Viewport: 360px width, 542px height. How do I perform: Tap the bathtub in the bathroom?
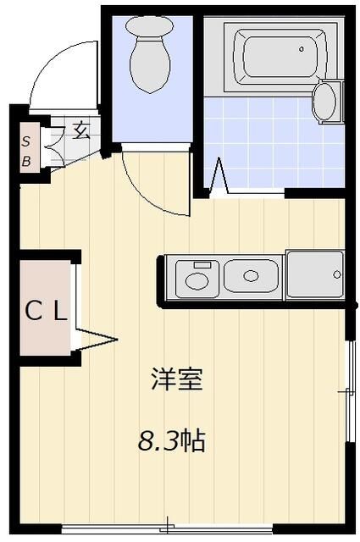pyautogui.click(x=279, y=55)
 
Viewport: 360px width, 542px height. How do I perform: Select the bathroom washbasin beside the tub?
pyautogui.click(x=324, y=102)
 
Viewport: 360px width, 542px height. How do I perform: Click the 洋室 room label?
pyautogui.click(x=176, y=379)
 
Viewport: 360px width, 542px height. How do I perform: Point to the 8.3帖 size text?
pyautogui.click(x=173, y=440)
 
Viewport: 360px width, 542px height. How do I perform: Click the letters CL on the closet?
pyautogui.click(x=45, y=312)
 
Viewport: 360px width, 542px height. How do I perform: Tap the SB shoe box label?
pyautogui.click(x=26, y=150)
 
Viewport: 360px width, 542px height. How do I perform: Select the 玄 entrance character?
pyautogui.click(x=81, y=130)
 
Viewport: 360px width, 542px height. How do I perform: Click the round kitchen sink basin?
pyautogui.click(x=250, y=276)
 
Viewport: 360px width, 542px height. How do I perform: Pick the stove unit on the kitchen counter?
pyautogui.click(x=197, y=276)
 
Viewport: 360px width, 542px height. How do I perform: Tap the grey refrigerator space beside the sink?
pyautogui.click(x=314, y=274)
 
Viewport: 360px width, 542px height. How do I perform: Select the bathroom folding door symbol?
pyautogui.click(x=219, y=179)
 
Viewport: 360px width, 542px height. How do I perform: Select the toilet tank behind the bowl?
pyautogui.click(x=149, y=25)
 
